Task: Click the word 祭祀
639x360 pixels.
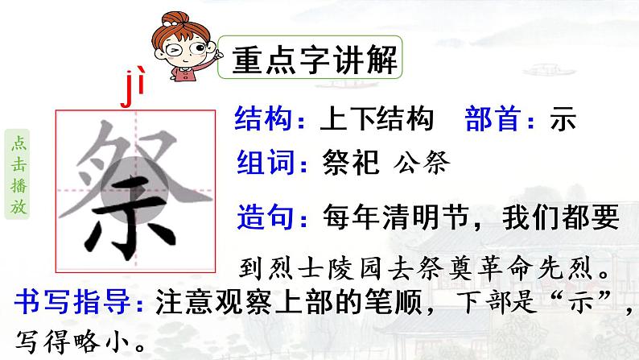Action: pyautogui.click(x=350, y=164)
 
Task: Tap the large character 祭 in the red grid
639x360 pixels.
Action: pyautogui.click(x=134, y=190)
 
